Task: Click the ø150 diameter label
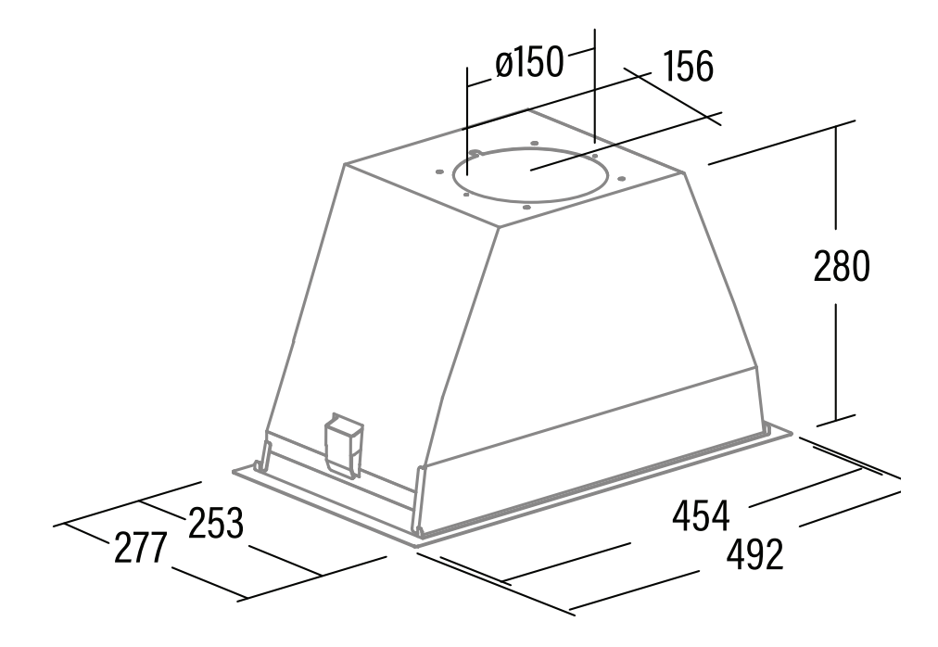[x=529, y=62]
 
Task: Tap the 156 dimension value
[x=688, y=66]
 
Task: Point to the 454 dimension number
[x=701, y=515]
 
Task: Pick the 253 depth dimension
[x=216, y=523]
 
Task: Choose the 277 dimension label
[x=139, y=548]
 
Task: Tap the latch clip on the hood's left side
[x=343, y=445]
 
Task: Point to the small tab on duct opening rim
[x=475, y=154]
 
